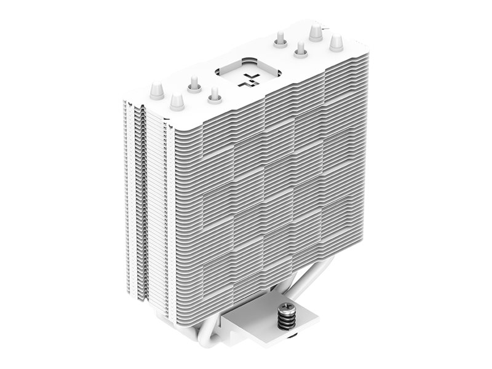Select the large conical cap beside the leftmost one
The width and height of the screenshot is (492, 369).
point(177,100)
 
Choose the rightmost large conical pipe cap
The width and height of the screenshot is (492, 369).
point(336,42)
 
